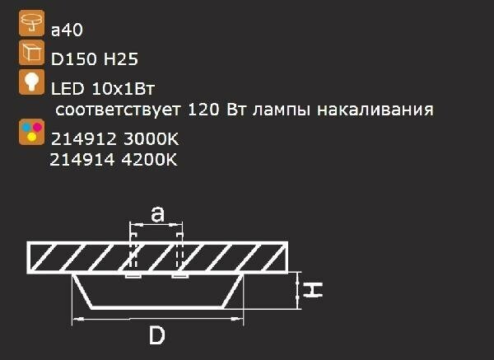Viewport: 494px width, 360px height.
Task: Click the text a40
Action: coord(67,30)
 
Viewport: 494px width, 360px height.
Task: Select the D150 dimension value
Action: coord(74,59)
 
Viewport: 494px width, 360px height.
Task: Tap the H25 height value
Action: coord(121,59)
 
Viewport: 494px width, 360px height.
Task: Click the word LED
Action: coord(68,89)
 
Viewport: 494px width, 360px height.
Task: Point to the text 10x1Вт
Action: coord(123,89)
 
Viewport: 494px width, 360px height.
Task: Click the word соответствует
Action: coord(118,110)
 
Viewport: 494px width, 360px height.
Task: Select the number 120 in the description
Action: coord(203,110)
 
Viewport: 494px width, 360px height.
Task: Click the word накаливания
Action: coord(375,110)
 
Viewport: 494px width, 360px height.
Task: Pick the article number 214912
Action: coord(84,139)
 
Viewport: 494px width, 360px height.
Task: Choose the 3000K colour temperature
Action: coord(151,139)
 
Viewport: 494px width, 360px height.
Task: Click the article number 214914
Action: coord(82,160)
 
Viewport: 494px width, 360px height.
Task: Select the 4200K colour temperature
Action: coord(149,160)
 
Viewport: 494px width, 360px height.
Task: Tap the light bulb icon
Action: coord(31,82)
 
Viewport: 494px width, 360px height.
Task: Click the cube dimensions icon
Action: coord(31,53)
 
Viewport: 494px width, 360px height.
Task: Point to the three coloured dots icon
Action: coord(31,132)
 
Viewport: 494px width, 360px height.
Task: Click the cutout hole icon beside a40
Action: coord(31,23)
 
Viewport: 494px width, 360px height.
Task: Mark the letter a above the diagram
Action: coord(157,214)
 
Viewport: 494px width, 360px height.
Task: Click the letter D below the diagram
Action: coord(157,335)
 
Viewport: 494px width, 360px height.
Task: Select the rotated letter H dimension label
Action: coord(313,290)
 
